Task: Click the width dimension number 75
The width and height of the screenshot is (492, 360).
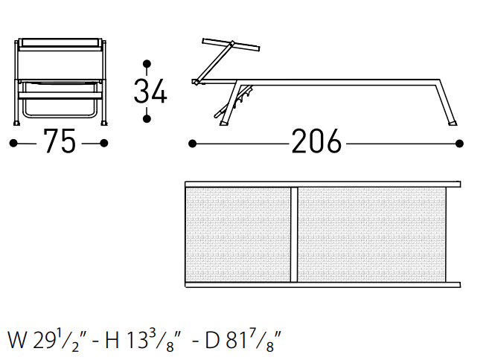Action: click(x=60, y=141)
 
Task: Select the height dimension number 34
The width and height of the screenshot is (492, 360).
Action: click(x=150, y=91)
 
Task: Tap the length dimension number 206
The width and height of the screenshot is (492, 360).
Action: click(x=316, y=141)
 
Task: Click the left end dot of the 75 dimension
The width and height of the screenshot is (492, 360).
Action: click(x=13, y=144)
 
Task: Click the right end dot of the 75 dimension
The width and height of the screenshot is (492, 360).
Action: click(x=104, y=144)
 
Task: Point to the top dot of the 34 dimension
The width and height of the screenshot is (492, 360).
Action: click(x=147, y=64)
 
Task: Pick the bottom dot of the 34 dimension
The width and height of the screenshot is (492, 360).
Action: click(x=147, y=118)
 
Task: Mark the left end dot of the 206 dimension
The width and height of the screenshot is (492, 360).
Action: click(x=192, y=144)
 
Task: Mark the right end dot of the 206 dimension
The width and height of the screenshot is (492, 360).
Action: click(x=459, y=144)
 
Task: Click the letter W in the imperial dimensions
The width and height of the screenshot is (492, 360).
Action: click(x=17, y=340)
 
